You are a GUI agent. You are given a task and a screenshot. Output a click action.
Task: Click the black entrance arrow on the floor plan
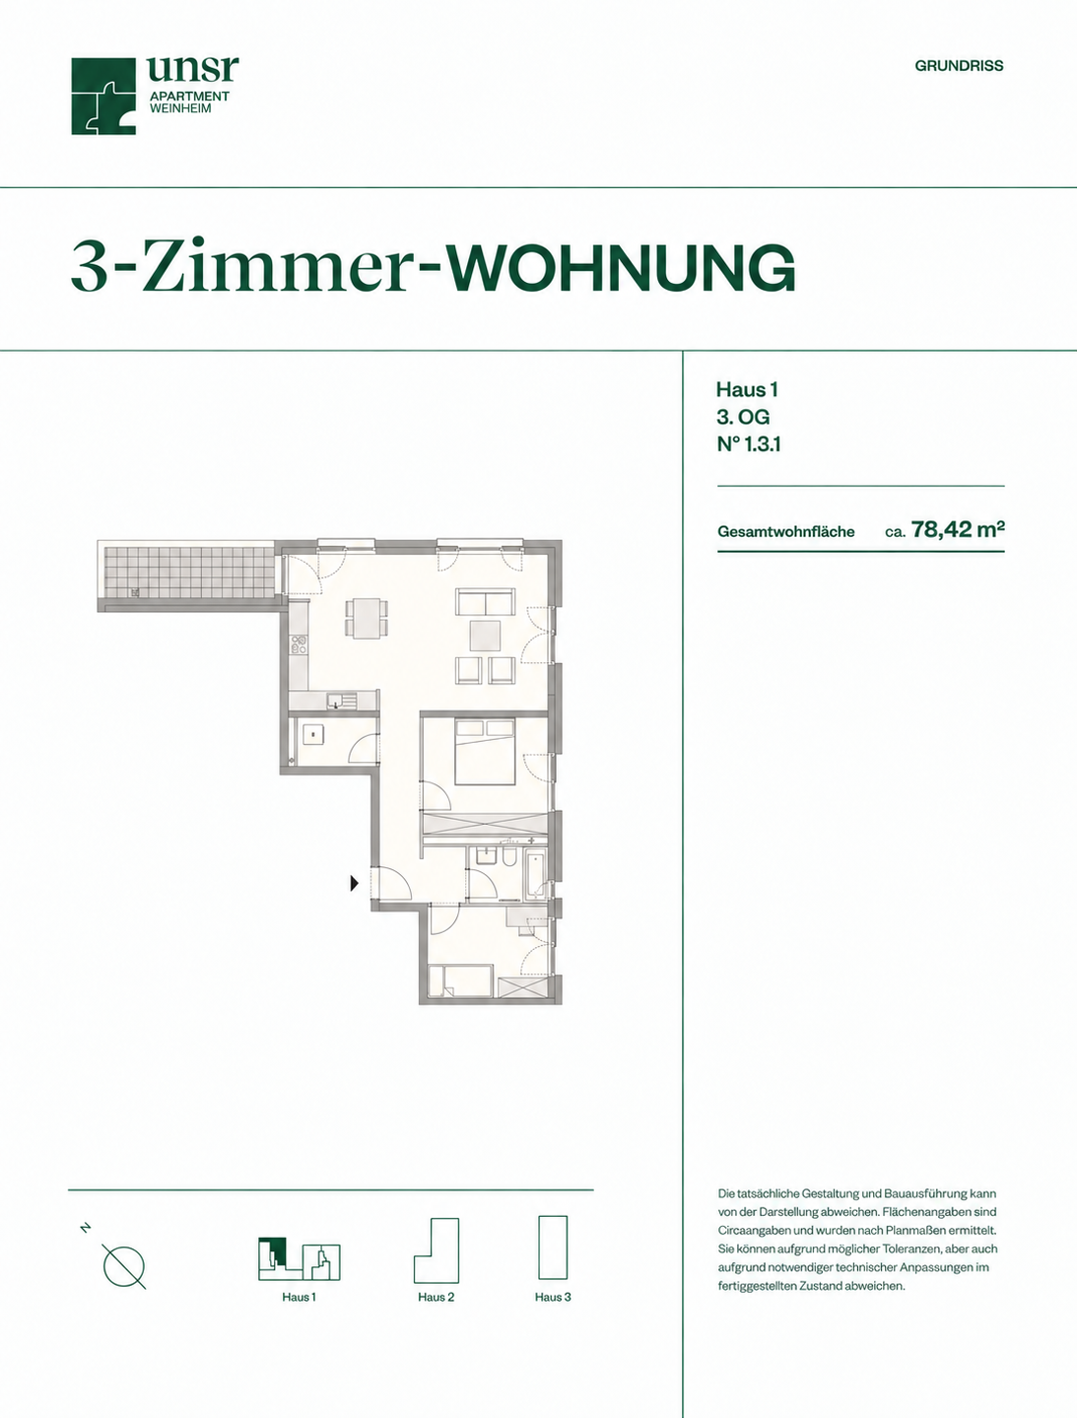(354, 883)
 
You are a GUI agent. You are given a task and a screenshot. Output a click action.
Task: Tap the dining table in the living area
(367, 618)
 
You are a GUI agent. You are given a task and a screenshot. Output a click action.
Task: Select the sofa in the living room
(485, 601)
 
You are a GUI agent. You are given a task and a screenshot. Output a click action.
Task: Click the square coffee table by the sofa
(485, 636)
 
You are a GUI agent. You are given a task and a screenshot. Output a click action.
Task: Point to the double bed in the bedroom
(485, 751)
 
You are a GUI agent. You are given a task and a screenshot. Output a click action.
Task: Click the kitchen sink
(341, 701)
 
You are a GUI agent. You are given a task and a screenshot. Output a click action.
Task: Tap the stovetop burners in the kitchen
(299, 644)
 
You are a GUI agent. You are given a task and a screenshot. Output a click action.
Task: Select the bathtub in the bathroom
(535, 874)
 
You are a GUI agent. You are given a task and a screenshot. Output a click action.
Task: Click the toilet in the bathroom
(508, 857)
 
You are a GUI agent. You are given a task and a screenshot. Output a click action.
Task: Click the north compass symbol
(123, 1265)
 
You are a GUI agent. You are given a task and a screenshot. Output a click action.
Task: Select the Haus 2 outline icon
(437, 1250)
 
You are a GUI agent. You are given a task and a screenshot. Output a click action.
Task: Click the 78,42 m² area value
(958, 530)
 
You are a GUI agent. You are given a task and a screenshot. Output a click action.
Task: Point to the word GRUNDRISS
(959, 66)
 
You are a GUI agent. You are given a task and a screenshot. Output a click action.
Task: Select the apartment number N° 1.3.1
(748, 444)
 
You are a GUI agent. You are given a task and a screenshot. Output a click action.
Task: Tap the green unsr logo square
(103, 97)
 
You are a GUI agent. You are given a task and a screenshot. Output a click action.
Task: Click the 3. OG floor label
(743, 417)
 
